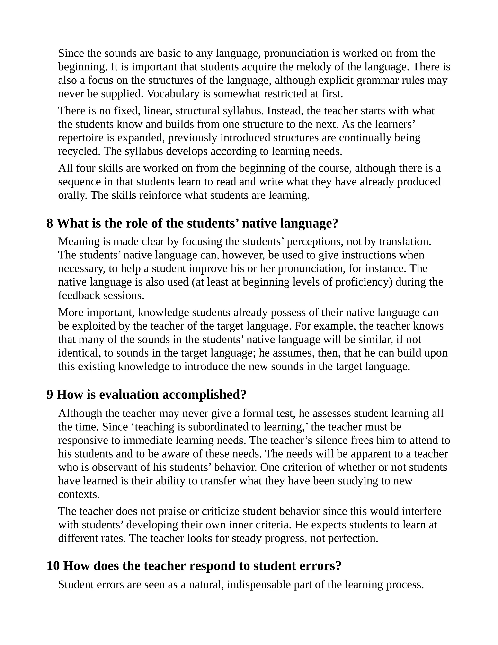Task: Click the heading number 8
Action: pyautogui.click(x=50, y=224)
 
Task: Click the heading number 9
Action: pyautogui.click(x=50, y=395)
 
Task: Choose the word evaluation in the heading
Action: pyautogui.click(x=129, y=395)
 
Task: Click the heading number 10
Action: pyautogui.click(x=53, y=566)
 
